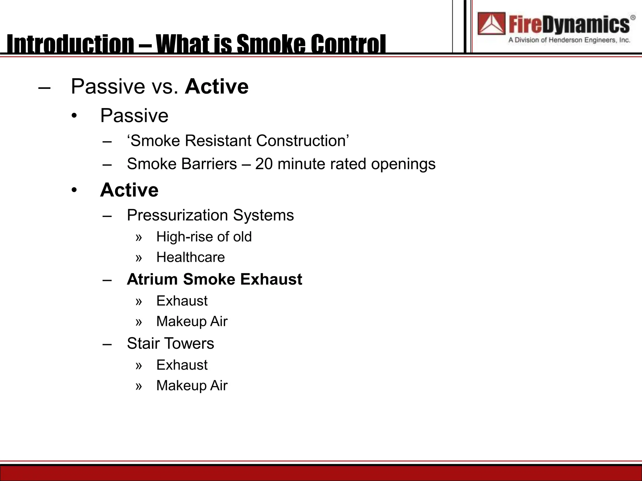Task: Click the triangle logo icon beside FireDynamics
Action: tap(492, 24)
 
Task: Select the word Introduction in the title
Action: tap(71, 44)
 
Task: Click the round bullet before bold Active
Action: tap(74, 190)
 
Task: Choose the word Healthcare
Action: tap(190, 257)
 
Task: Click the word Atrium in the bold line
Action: tap(152, 279)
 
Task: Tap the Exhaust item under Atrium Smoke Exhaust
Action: tap(182, 301)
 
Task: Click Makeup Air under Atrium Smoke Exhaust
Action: tap(192, 322)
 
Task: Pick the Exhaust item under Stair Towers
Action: tap(182, 365)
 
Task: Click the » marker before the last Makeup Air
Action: tap(139, 386)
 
